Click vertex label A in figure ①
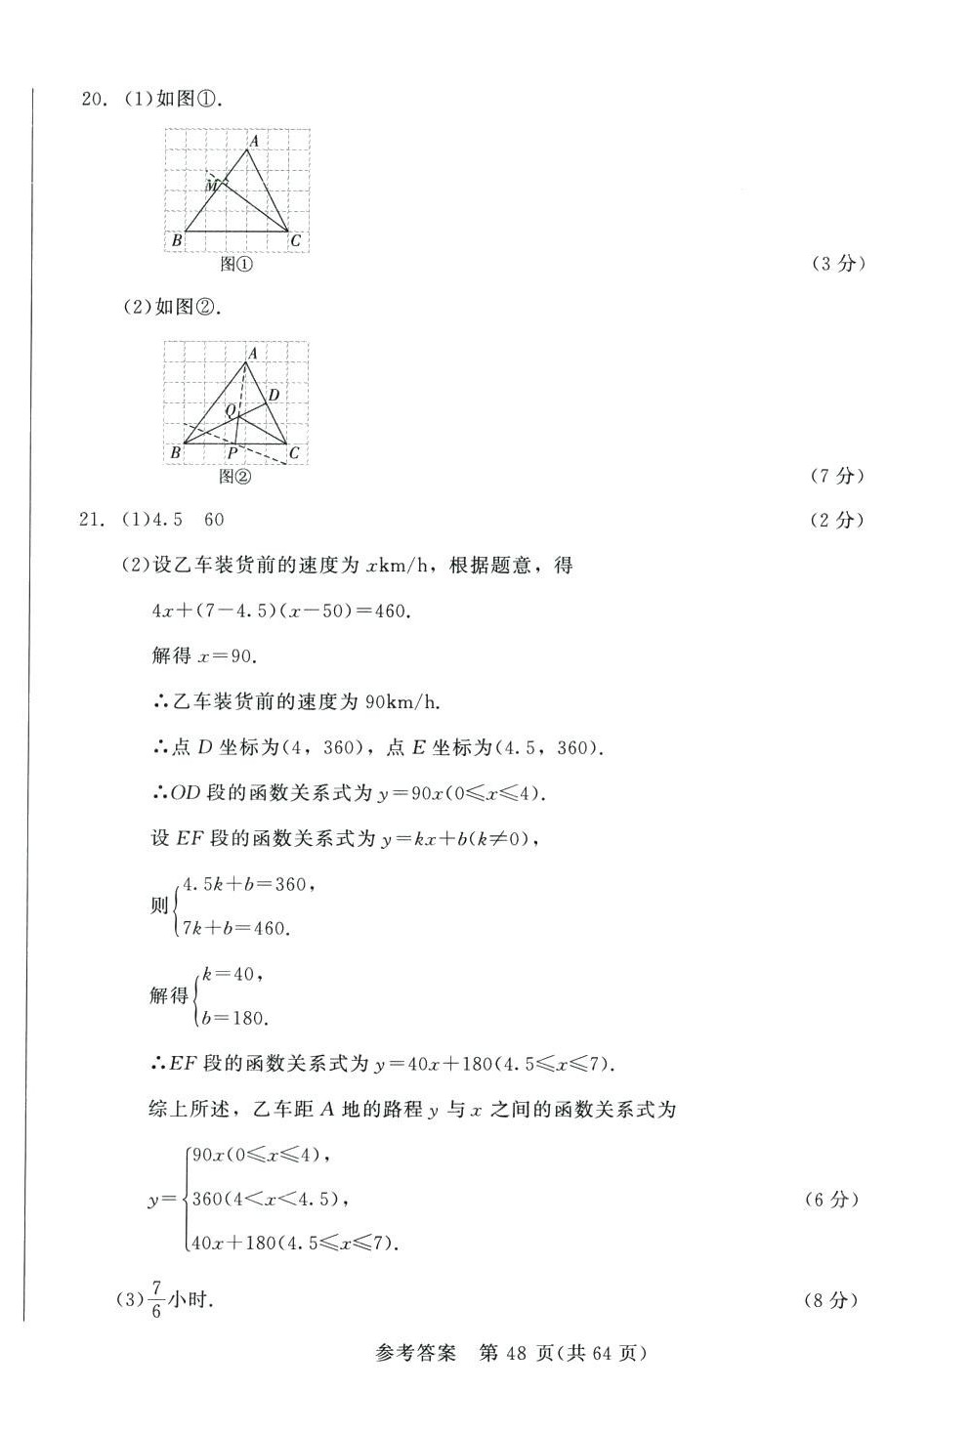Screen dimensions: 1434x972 [253, 141]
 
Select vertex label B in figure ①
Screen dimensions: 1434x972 [177, 240]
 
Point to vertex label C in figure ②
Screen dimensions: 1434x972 [294, 452]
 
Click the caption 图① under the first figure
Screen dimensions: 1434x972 [236, 264]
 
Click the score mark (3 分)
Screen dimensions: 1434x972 [838, 263]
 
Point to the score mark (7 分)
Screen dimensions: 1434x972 [837, 475]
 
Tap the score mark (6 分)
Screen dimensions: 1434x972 [831, 1200]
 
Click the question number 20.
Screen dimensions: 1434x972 [93, 99]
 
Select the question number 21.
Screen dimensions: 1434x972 [92, 520]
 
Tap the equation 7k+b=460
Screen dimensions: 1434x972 [235, 928]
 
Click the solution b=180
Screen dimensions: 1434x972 [233, 1018]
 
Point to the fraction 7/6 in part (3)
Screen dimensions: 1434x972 [156, 1300]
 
